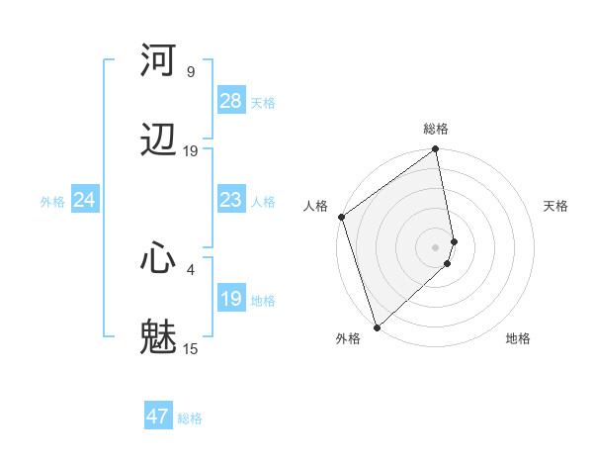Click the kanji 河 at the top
coord(159,60)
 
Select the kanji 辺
coord(159,139)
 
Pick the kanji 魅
coord(159,337)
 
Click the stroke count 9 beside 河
coord(191,71)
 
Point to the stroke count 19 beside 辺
coord(191,150)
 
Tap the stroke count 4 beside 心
coord(191,268)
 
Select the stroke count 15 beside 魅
coord(191,348)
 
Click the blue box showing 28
coord(230,101)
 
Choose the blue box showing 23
coord(230,200)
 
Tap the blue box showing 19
coord(230,299)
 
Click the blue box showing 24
coord(84,200)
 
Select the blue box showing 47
coord(158,417)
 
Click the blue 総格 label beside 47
coord(190,418)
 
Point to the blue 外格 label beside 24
coord(52,202)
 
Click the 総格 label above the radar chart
coord(436,129)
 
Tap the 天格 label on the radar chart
coord(555,206)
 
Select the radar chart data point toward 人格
coord(341,217)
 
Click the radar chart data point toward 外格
coord(377,326)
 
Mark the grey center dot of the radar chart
coord(436,246)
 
